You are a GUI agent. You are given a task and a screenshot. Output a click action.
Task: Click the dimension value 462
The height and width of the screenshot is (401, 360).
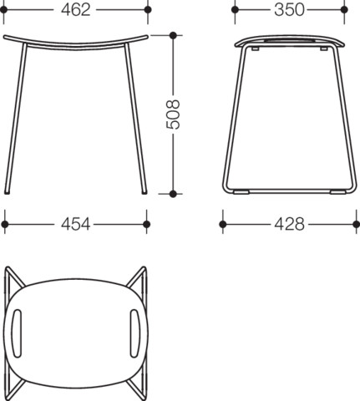pos(76,10)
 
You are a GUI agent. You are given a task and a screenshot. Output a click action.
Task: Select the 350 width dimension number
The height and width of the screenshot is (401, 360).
pos(289,10)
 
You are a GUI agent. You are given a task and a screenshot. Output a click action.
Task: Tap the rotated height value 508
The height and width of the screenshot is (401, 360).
pos(173,114)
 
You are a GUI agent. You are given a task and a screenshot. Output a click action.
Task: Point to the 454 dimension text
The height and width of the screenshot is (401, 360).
pos(75,224)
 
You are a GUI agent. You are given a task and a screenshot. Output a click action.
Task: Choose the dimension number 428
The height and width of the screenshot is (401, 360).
pos(289,224)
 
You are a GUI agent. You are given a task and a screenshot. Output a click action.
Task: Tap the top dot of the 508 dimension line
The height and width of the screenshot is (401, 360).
pos(173,35)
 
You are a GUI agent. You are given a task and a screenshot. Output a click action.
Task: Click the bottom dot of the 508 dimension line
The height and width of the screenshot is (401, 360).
pos(173,194)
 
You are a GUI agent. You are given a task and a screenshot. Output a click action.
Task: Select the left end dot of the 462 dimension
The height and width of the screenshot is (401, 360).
pos(4,10)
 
